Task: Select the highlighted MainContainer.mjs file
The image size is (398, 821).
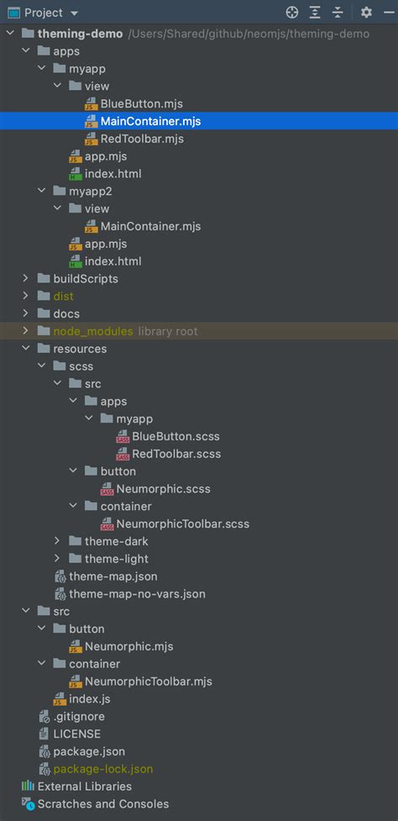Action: coord(150,121)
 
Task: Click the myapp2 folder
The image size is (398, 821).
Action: coord(92,191)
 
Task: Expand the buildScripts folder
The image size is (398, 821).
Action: coord(25,278)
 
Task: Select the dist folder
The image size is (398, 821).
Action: coord(63,296)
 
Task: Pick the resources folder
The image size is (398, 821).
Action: coord(80,349)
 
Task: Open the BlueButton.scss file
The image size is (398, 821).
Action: coord(175,436)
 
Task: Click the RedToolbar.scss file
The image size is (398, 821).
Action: coord(176,454)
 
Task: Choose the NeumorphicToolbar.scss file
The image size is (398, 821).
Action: coord(183,524)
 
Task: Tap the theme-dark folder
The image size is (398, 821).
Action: coord(116,541)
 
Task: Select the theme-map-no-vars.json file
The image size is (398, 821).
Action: coord(137,593)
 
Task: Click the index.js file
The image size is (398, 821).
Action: coord(90,698)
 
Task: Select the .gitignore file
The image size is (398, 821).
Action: coord(78,716)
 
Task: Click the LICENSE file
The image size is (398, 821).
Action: coord(76,734)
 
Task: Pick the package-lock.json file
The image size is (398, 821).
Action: coord(103,769)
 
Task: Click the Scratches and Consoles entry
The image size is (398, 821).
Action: coord(102,804)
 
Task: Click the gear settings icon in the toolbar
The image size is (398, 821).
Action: coord(365,13)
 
